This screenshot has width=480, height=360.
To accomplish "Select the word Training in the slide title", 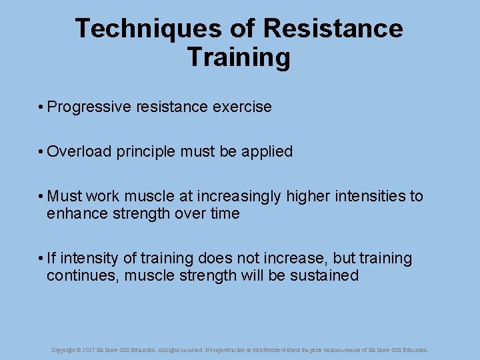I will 239,57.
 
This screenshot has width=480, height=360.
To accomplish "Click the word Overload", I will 79,152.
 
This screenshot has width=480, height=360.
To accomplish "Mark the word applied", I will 267,152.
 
